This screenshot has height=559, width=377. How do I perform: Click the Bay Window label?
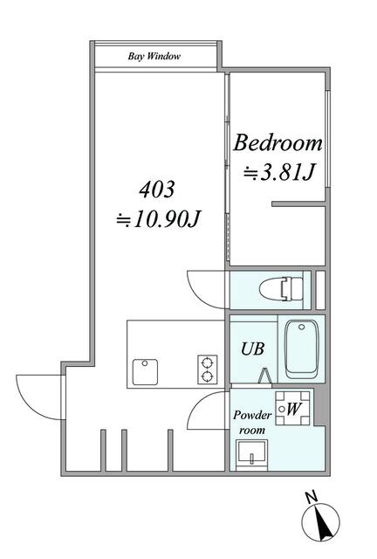[x=154, y=56]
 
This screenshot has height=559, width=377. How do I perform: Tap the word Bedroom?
[x=278, y=143]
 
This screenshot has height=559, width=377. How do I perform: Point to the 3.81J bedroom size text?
[x=279, y=172]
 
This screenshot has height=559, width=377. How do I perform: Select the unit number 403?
[x=157, y=190]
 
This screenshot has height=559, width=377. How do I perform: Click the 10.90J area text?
[x=159, y=219]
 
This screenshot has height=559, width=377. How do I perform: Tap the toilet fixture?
[x=282, y=289]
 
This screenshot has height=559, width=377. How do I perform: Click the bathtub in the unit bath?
[x=301, y=349]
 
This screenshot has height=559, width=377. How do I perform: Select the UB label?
[x=252, y=349]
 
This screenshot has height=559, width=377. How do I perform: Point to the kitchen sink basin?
[x=145, y=372]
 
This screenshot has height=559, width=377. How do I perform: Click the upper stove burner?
[x=206, y=363]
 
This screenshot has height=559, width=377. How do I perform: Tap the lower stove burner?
[x=206, y=376]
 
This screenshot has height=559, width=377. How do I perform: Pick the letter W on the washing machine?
[x=292, y=409]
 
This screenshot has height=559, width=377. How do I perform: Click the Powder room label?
[x=252, y=423]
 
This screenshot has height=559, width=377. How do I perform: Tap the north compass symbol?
[x=320, y=521]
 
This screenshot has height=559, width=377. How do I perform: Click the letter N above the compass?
[x=312, y=497]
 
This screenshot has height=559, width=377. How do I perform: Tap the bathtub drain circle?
[x=302, y=327]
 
